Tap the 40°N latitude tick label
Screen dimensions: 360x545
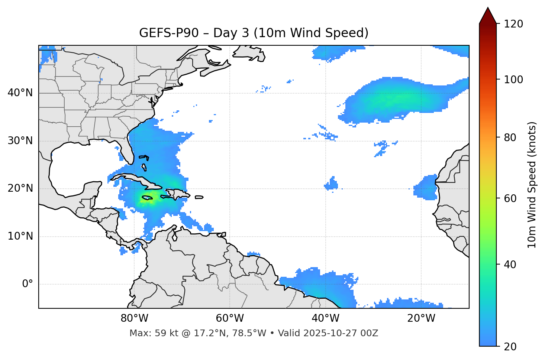pos(20,93)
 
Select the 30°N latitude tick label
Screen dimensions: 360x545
pos(20,141)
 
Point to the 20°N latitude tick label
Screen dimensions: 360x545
pos(20,188)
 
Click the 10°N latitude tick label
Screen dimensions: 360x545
pos(20,236)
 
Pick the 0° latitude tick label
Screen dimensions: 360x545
pos(27,284)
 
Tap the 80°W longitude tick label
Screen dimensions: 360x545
pos(134,318)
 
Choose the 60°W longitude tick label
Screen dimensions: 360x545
pos(230,318)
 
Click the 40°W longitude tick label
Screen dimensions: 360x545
pos(325,318)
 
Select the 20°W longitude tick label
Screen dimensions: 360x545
pos(421,318)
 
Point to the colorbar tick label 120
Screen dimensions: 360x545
pos(513,24)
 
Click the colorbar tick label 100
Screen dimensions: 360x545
pos(513,80)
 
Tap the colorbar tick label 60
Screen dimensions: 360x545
pos(510,198)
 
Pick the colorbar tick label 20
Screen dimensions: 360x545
pos(510,347)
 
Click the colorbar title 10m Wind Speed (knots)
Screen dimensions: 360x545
pos(532,185)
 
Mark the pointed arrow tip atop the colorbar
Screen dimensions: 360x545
pos(488,8)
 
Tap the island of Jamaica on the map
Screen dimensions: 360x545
pos(147,198)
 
